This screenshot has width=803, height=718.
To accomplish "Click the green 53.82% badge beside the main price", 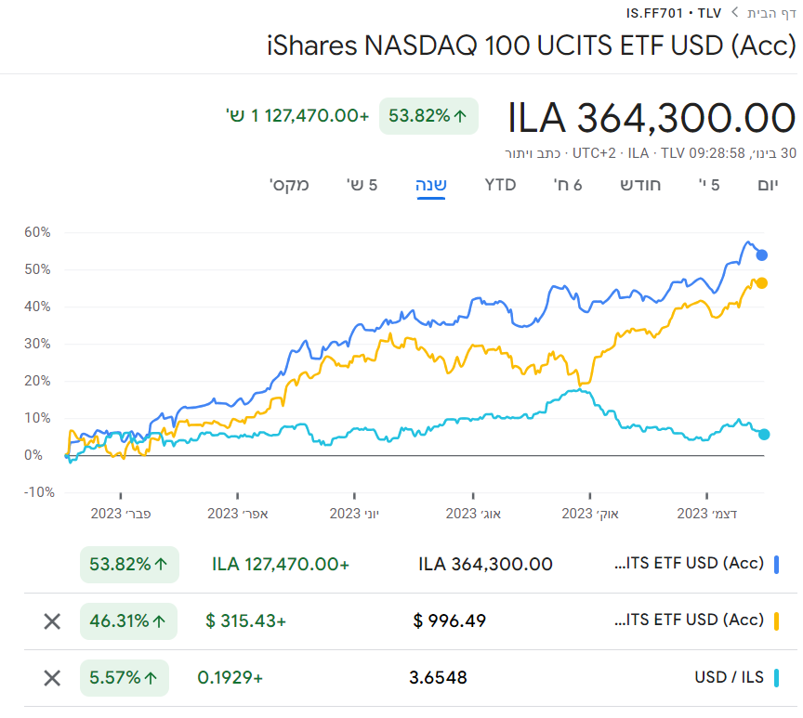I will coord(428,116).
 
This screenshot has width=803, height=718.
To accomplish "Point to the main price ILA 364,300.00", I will coord(652,118).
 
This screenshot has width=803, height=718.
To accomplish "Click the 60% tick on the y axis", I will coord(38,232).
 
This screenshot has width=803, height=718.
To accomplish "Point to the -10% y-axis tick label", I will coord(37,492).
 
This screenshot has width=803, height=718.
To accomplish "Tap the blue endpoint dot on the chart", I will coord(761,255).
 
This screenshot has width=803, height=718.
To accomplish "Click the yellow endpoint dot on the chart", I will coord(761,283).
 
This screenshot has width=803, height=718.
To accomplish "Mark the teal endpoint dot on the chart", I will coord(764,434).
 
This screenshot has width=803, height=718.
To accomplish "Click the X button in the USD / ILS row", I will coord(53,678).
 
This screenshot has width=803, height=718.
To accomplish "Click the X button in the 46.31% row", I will coord(53,621).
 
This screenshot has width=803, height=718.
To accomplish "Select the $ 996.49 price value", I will coord(449,620).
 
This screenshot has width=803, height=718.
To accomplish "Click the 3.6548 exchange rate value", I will coord(438,678).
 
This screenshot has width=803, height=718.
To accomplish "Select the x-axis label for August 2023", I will coord(474,513).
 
